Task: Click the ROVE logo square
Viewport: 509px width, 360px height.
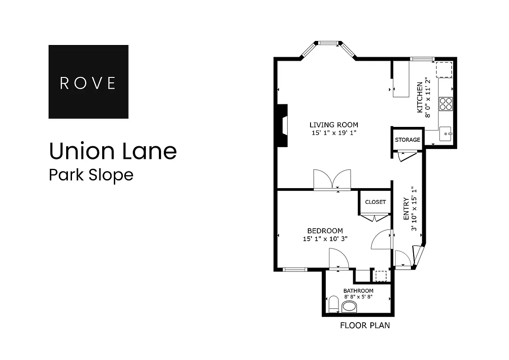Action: [x=88, y=82]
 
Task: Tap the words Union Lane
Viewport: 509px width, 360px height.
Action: [x=113, y=151]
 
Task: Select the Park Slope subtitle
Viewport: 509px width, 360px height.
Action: [x=91, y=175]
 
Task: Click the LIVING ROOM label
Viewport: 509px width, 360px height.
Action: [x=333, y=125]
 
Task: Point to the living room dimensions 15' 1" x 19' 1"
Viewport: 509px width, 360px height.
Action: [x=333, y=133]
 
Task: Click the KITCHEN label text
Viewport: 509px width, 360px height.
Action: [x=420, y=97]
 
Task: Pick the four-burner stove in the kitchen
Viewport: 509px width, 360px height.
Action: [x=446, y=104]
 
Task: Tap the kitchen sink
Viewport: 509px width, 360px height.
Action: [x=446, y=134]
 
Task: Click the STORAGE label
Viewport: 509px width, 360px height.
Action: [x=407, y=140]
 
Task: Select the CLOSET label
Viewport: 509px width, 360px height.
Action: [x=375, y=202]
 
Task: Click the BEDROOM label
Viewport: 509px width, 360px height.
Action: [x=325, y=231]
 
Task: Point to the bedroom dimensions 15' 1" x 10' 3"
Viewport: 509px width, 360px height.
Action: [x=325, y=239]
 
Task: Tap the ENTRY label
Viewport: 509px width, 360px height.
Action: [x=406, y=208]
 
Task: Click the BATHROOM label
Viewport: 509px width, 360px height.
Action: [x=358, y=291]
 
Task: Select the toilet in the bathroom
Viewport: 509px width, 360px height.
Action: [x=333, y=304]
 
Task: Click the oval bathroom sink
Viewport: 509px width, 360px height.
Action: [x=349, y=307]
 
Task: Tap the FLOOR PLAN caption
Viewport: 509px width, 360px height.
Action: [x=365, y=325]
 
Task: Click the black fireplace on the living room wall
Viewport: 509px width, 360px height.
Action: [x=282, y=126]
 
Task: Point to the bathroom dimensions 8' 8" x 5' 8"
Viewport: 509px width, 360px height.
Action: [x=358, y=297]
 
